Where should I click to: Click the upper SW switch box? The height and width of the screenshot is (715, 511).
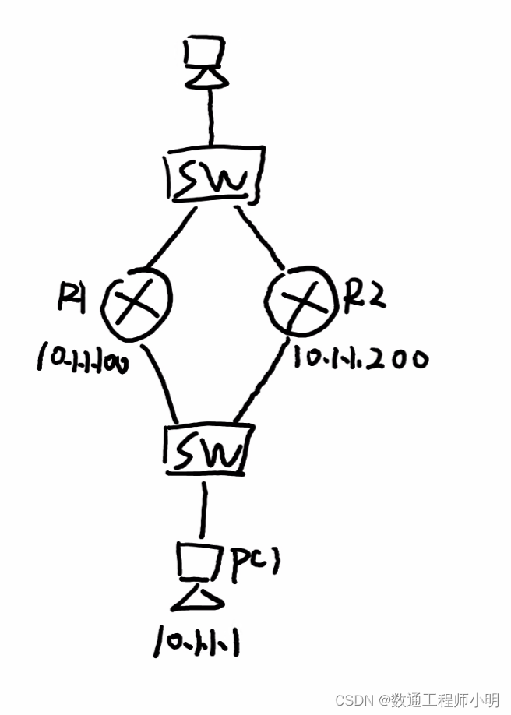[x=213, y=178]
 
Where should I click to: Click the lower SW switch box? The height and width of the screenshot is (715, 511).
[x=208, y=451]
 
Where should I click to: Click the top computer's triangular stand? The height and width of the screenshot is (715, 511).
[x=206, y=78]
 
